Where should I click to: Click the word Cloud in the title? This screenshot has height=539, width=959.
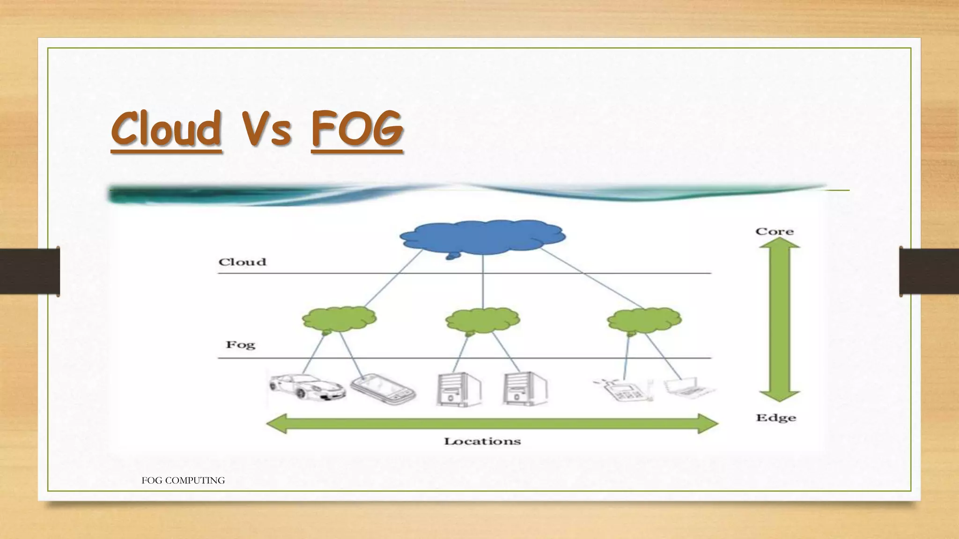pyautogui.click(x=166, y=129)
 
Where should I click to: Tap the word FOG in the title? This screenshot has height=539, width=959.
pyautogui.click(x=356, y=129)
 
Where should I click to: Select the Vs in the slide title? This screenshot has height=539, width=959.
pyautogui.click(x=266, y=129)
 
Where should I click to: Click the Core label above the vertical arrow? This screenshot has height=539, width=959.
pyautogui.click(x=775, y=231)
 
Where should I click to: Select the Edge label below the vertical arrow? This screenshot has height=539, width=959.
pyautogui.click(x=776, y=418)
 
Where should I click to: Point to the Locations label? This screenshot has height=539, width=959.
pyautogui.click(x=482, y=441)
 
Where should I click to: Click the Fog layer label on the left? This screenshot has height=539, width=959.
pyautogui.click(x=241, y=345)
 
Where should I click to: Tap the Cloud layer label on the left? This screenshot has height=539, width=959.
pyautogui.click(x=242, y=262)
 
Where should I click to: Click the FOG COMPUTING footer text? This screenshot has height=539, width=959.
pyautogui.click(x=183, y=481)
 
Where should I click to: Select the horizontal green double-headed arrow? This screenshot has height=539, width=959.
pyautogui.click(x=492, y=424)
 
